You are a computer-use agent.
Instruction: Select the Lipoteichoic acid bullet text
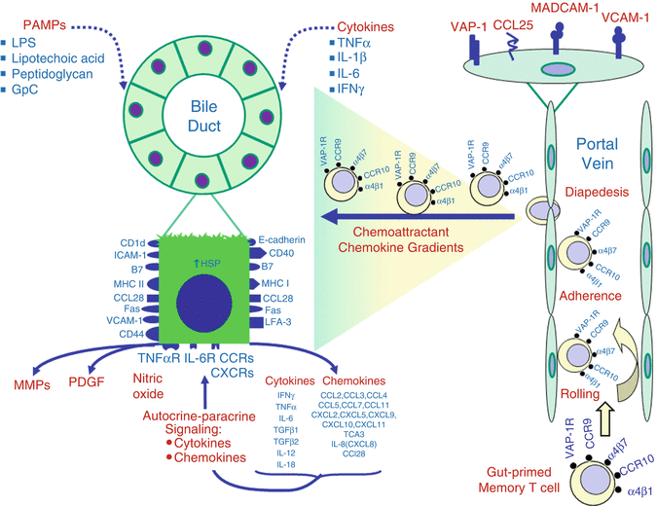point(60,61)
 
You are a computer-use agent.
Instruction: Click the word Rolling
point(581,395)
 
